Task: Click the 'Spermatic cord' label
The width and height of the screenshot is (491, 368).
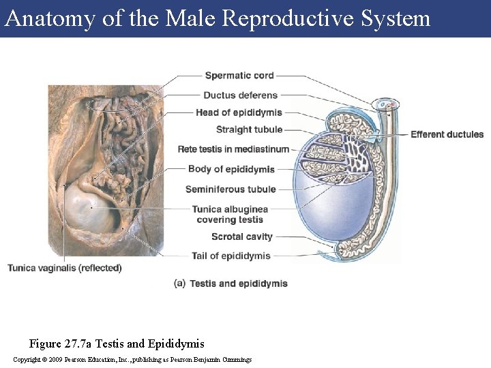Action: point(239,76)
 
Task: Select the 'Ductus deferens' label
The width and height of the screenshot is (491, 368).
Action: point(240,95)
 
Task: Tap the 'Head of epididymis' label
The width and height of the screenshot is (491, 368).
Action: point(239,112)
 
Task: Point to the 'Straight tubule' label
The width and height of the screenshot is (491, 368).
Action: point(249,129)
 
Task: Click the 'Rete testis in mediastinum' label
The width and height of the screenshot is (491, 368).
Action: point(233,149)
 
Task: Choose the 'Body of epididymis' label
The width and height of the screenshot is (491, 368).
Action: point(231,169)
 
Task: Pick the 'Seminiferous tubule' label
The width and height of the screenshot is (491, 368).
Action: point(230,189)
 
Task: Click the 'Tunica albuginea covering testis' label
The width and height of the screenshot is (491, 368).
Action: point(230,214)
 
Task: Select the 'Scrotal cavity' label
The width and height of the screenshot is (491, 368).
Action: point(241,236)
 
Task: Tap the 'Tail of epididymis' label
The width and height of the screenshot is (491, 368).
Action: point(231,256)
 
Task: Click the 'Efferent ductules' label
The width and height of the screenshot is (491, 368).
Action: point(447,134)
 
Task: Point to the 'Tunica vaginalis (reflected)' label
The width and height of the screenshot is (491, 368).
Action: point(65,268)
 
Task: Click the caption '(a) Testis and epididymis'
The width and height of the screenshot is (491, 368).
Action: point(231,283)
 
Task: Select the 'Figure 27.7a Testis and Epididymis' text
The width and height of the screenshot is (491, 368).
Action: point(117,343)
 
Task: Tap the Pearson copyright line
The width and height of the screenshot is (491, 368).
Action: point(132,359)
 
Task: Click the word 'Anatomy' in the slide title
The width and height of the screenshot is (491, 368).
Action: point(50,18)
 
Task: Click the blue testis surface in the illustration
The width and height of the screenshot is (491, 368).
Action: point(321,204)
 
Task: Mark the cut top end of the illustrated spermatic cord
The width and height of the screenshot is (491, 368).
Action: point(389,104)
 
